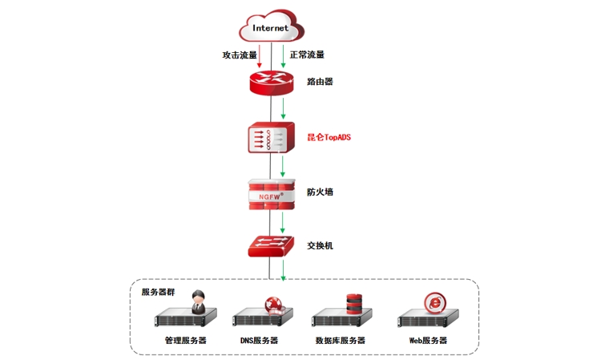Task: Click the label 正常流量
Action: coord(307,55)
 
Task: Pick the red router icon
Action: coord(272,82)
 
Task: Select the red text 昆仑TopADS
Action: coord(329,137)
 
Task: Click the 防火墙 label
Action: coord(320,192)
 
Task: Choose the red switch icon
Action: coord(272,245)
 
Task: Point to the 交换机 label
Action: coord(320,245)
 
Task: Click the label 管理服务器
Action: coord(186,340)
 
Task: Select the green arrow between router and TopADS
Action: coord(283,107)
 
